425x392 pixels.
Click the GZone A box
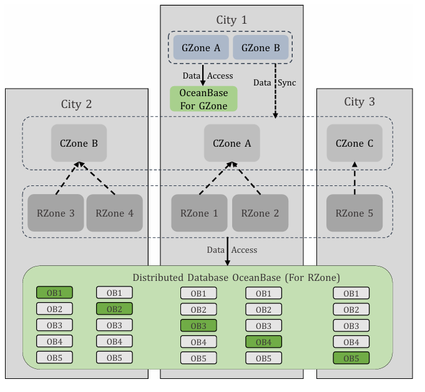[201, 47]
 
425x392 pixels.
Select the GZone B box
[260, 47]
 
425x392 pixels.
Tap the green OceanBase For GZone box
[203, 99]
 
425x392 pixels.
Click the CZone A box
[232, 143]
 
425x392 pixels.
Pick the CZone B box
[79, 143]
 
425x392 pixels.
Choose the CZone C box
[354, 143]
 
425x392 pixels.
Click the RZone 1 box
[199, 213]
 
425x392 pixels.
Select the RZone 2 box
[260, 213]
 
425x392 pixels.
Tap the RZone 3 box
[56, 213]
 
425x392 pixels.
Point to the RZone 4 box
[115, 213]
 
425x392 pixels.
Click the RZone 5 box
[354, 213]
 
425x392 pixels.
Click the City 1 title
[232, 20]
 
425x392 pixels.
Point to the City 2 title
[76, 104]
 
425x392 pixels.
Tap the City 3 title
[359, 102]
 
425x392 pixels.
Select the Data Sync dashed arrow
[275, 91]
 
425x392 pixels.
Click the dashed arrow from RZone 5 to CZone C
[354, 178]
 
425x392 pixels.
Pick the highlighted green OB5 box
[351, 358]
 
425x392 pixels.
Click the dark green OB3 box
[198, 326]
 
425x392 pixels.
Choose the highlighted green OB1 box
[54, 293]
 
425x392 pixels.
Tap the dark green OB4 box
[264, 342]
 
